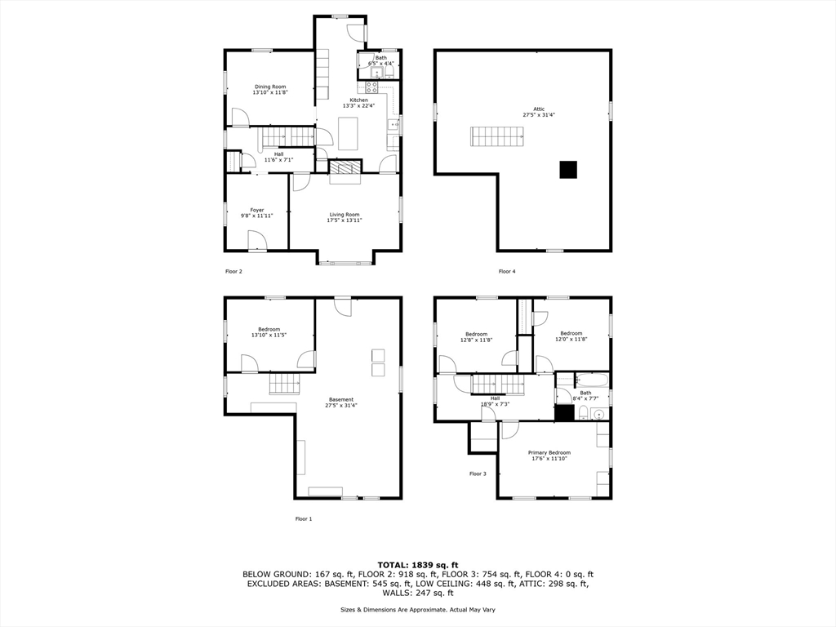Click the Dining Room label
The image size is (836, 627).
270,87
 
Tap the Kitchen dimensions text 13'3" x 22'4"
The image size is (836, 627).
358,105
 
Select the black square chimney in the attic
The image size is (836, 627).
568,170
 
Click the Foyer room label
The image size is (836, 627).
257,210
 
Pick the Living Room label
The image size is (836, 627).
345,215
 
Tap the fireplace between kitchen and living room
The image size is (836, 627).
344,167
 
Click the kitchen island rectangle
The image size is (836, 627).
349,133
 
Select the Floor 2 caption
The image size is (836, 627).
233,271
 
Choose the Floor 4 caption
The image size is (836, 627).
507,271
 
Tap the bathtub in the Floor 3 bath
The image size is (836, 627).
592,380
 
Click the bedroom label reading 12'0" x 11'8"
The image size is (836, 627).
571,338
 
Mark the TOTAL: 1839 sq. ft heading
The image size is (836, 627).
418,565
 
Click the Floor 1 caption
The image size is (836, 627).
304,518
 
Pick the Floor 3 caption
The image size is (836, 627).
478,474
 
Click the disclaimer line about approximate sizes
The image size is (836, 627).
418,610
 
